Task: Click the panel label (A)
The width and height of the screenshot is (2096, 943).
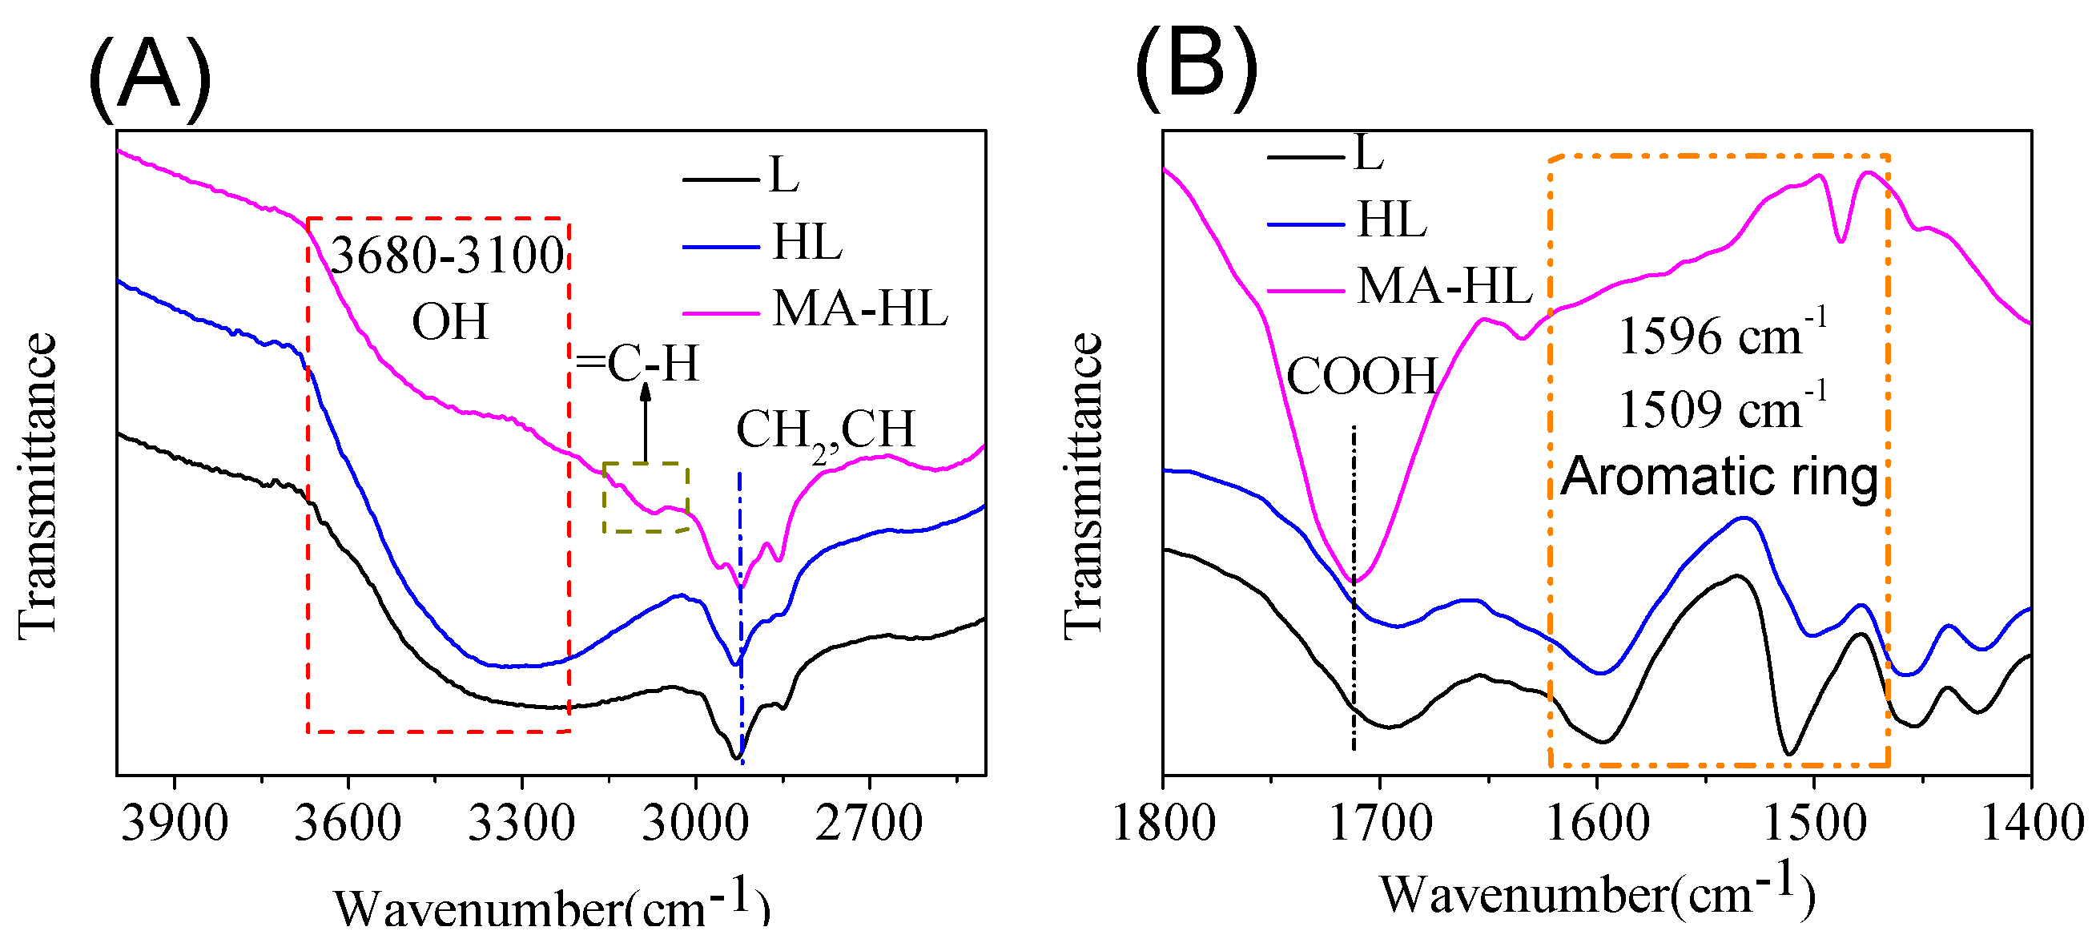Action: (x=150, y=77)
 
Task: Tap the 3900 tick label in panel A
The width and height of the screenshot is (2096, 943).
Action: (x=174, y=824)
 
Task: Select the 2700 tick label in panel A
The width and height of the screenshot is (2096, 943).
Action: (x=868, y=824)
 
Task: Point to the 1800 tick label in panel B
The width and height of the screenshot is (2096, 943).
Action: (x=1163, y=824)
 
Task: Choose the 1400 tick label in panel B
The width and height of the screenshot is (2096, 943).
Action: (x=2031, y=824)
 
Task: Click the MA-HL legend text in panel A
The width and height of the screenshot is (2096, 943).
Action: (x=860, y=309)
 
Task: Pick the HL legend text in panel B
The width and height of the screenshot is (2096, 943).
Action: (x=1392, y=220)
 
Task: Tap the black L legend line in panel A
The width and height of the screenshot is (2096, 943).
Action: (x=720, y=178)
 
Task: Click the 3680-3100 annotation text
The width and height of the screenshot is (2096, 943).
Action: (x=447, y=256)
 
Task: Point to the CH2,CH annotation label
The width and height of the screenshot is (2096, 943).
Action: (x=825, y=431)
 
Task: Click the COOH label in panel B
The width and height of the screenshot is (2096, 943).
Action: (x=1362, y=376)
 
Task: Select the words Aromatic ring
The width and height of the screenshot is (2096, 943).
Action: (x=1720, y=476)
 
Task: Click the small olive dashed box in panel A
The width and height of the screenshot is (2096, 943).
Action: (x=646, y=498)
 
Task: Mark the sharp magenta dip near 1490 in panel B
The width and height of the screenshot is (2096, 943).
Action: (x=1841, y=240)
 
